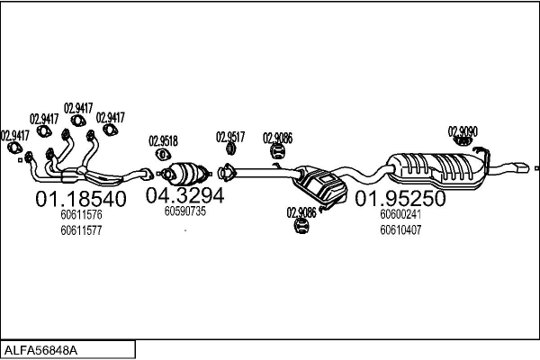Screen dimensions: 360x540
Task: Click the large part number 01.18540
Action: coord(80,198)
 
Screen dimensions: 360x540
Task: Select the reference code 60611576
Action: coord(81,215)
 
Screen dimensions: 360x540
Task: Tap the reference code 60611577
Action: coord(81,230)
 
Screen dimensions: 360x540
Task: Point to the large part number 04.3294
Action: coord(184,195)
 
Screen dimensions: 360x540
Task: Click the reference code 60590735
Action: coord(185,211)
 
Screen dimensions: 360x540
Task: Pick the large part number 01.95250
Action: coord(400,198)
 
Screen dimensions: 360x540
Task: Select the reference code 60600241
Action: coord(400,214)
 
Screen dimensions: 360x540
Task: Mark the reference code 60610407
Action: coord(400,229)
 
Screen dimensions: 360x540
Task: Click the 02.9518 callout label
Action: coord(163,141)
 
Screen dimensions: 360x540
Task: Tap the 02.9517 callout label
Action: coord(230,137)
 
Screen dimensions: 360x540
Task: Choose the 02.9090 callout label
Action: coord(463,131)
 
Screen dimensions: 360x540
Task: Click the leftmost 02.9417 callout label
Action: coord(14,136)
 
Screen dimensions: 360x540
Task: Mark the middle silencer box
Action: coord(320,184)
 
